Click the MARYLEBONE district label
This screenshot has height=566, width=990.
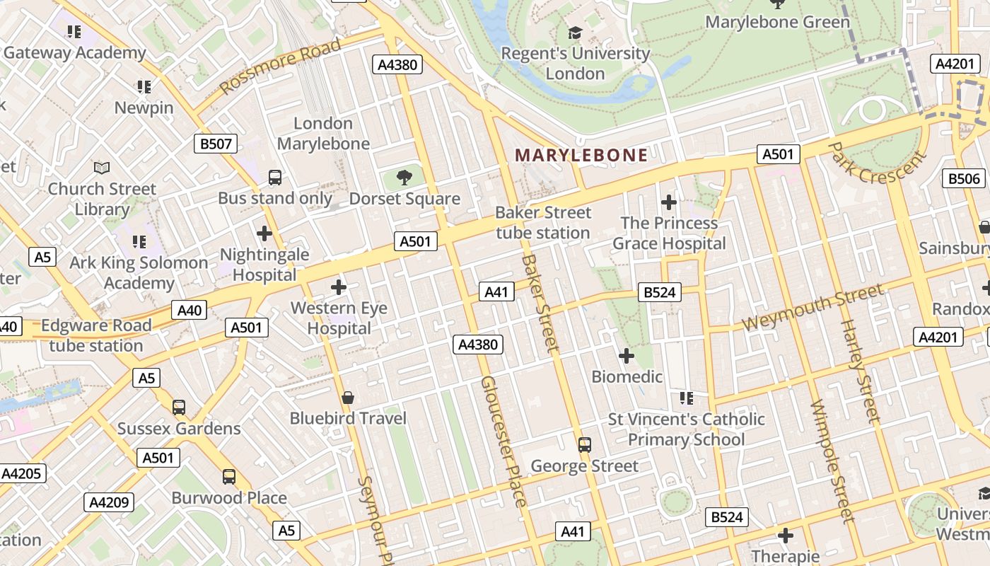[x=581, y=155]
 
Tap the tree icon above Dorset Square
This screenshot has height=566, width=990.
[x=404, y=178]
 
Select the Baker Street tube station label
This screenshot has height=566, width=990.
[x=542, y=223]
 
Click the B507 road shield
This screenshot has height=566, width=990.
[x=216, y=144]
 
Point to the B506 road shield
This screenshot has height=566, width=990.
[x=964, y=178]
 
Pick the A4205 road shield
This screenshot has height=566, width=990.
[x=23, y=473]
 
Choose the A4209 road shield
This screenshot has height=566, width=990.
[x=109, y=502]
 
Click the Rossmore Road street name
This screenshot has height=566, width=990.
[x=280, y=67]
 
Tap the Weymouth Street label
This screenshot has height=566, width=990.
[x=813, y=308]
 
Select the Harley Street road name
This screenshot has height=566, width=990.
[x=861, y=371]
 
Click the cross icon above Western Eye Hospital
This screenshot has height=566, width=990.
[x=339, y=287]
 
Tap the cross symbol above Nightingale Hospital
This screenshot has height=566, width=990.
[x=264, y=233]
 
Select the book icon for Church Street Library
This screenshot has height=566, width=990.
[x=102, y=168]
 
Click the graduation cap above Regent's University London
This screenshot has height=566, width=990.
[x=575, y=33]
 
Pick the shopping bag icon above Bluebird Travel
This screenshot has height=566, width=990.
[x=347, y=398]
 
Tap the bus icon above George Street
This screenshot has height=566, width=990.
[x=584, y=445]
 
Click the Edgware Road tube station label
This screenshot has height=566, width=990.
[x=96, y=335]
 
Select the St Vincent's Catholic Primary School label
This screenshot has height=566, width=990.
[x=686, y=429]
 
